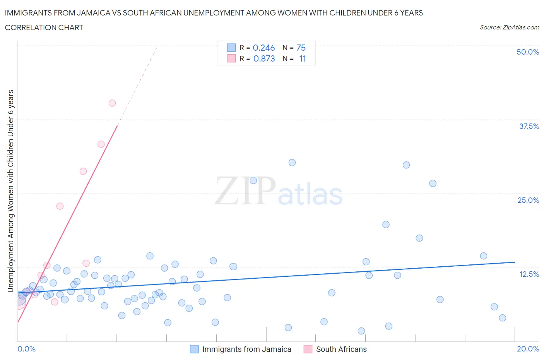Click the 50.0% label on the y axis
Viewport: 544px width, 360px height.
tap(528, 52)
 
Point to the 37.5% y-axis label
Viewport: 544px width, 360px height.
tap(529, 126)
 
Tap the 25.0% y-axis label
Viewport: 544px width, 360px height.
tap(528, 200)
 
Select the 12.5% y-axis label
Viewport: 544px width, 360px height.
tap(529, 274)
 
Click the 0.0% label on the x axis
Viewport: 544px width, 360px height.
tap(26, 349)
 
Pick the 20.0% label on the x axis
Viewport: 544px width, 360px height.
tap(528, 349)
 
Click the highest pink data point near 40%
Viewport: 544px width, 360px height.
tap(112, 103)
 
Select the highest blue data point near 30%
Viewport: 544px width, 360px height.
tap(292, 163)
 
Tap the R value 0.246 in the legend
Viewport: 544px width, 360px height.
tap(263, 48)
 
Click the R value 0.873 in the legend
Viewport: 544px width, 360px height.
tap(264, 58)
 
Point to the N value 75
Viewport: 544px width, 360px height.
tap(301, 48)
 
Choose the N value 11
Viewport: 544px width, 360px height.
tap(302, 58)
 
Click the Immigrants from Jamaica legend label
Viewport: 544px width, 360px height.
tap(246, 349)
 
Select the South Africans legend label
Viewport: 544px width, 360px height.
tap(341, 349)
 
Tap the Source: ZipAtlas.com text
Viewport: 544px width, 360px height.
tap(509, 27)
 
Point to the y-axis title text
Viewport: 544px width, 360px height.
tap(10, 191)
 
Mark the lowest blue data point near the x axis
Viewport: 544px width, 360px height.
tap(361, 331)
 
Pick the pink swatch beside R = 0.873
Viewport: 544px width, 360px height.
tap(231, 58)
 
